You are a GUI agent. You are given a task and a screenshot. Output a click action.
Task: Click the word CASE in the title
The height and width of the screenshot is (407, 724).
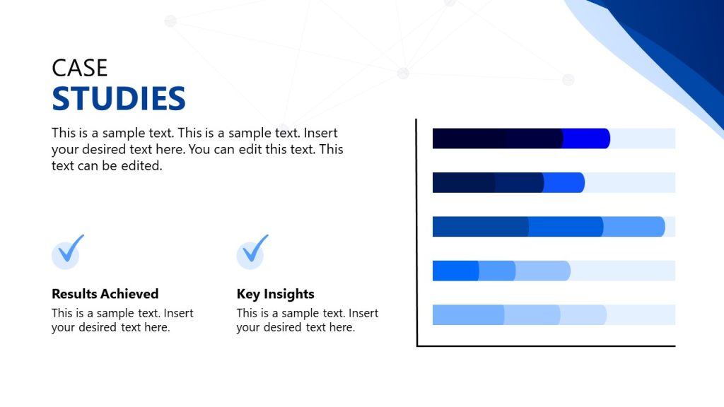[x=80, y=68]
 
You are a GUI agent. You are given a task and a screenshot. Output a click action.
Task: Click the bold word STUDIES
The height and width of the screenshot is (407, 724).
[x=119, y=99]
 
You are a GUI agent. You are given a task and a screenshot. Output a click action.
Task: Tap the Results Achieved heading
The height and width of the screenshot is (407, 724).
[x=105, y=294]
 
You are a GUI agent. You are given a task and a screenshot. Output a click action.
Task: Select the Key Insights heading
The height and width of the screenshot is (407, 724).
[x=275, y=294]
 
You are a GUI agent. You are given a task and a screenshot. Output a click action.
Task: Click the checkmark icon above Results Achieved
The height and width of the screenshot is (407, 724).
[x=67, y=252]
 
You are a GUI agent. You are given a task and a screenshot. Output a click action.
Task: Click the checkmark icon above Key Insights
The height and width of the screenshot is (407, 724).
[x=252, y=252]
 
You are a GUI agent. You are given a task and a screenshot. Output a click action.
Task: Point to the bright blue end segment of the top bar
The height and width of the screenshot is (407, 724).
[x=587, y=138]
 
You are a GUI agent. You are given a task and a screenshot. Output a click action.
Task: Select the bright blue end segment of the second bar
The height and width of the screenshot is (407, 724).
[x=564, y=182]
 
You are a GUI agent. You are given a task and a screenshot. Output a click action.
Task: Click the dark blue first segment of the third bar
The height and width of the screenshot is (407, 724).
[x=480, y=226]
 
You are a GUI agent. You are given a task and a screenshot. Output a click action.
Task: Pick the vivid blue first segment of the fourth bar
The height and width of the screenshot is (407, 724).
[x=455, y=271]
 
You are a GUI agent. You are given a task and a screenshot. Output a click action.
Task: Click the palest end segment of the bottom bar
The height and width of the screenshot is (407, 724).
[x=584, y=314]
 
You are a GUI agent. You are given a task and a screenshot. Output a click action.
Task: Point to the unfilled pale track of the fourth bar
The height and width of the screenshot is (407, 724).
[x=622, y=271]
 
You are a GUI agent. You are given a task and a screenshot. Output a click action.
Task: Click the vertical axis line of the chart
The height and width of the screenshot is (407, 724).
[x=417, y=233]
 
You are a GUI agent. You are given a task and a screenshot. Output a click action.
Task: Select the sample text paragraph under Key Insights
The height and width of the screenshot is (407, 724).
[x=307, y=320]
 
